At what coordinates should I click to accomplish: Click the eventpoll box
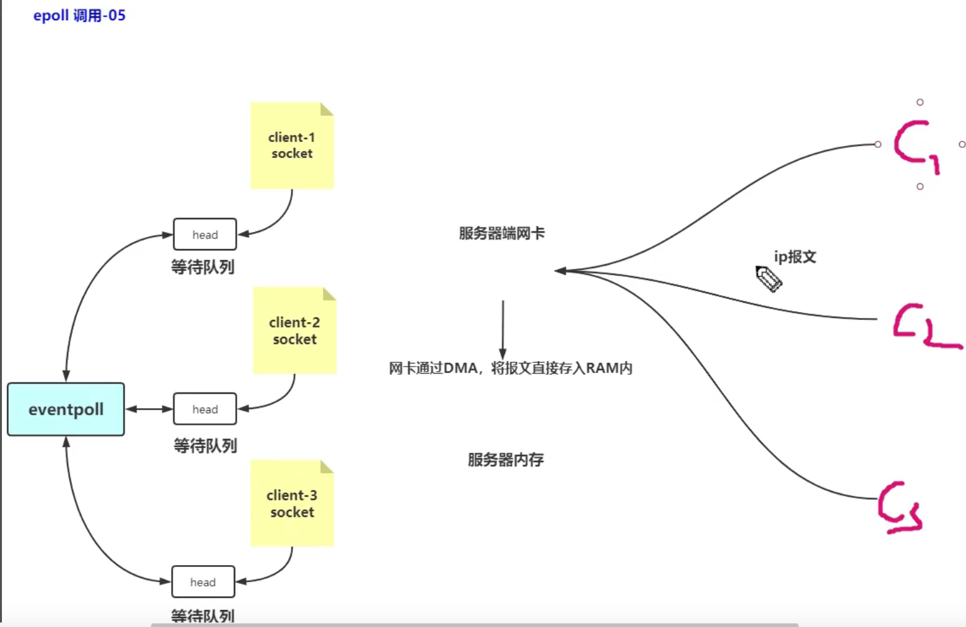pyautogui.click(x=66, y=409)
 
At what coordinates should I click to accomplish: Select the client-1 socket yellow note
pyautogui.click(x=291, y=146)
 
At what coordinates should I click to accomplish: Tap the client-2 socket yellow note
pyautogui.click(x=294, y=331)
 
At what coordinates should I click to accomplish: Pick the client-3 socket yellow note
pyautogui.click(x=291, y=504)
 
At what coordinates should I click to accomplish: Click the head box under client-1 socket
pyautogui.click(x=205, y=234)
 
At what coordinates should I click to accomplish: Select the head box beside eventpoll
pyautogui.click(x=205, y=409)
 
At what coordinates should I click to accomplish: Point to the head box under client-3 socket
pyautogui.click(x=203, y=581)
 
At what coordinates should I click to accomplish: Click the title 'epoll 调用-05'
pyautogui.click(x=80, y=15)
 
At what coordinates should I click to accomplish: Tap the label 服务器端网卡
pyautogui.click(x=501, y=233)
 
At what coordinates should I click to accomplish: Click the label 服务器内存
pyautogui.click(x=505, y=460)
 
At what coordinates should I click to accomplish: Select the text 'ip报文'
pyautogui.click(x=795, y=257)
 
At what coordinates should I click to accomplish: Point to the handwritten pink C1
pyautogui.click(x=914, y=145)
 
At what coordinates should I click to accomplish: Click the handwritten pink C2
pyautogui.click(x=924, y=326)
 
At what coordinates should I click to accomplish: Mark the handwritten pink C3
pyautogui.click(x=900, y=507)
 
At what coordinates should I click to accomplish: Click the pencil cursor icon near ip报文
pyautogui.click(x=769, y=278)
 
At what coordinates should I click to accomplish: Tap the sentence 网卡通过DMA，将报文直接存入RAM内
pyautogui.click(x=510, y=368)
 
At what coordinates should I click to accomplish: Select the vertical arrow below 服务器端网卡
pyautogui.click(x=503, y=329)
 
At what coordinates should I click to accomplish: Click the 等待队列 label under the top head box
pyautogui.click(x=202, y=267)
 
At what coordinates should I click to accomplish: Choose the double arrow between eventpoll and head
pyautogui.click(x=149, y=409)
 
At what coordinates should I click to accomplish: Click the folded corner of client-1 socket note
pyautogui.click(x=327, y=109)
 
